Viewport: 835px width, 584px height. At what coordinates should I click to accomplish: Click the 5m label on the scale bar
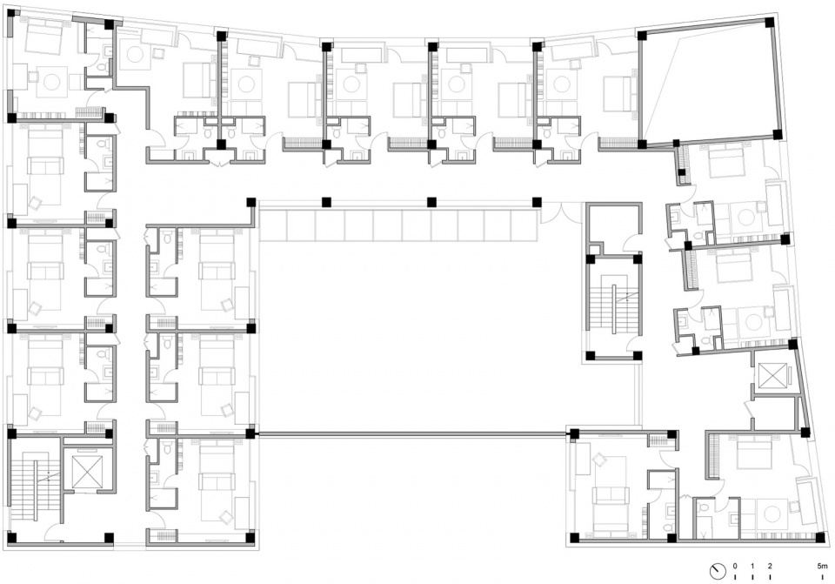click(823, 566)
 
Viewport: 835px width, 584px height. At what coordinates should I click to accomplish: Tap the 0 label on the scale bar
click(735, 566)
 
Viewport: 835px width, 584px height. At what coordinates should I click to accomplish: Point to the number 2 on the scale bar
click(770, 566)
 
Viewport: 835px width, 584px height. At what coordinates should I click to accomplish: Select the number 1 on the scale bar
click(752, 566)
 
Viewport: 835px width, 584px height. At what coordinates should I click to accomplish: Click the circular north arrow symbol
click(718, 571)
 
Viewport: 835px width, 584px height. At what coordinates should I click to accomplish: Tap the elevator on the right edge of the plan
click(772, 376)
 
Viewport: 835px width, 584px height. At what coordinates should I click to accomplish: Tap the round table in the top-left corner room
click(52, 82)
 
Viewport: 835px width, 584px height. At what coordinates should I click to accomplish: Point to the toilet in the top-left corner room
click(102, 68)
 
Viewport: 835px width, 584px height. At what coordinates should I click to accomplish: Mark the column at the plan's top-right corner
click(770, 23)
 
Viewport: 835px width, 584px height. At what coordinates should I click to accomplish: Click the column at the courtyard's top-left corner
click(250, 203)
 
